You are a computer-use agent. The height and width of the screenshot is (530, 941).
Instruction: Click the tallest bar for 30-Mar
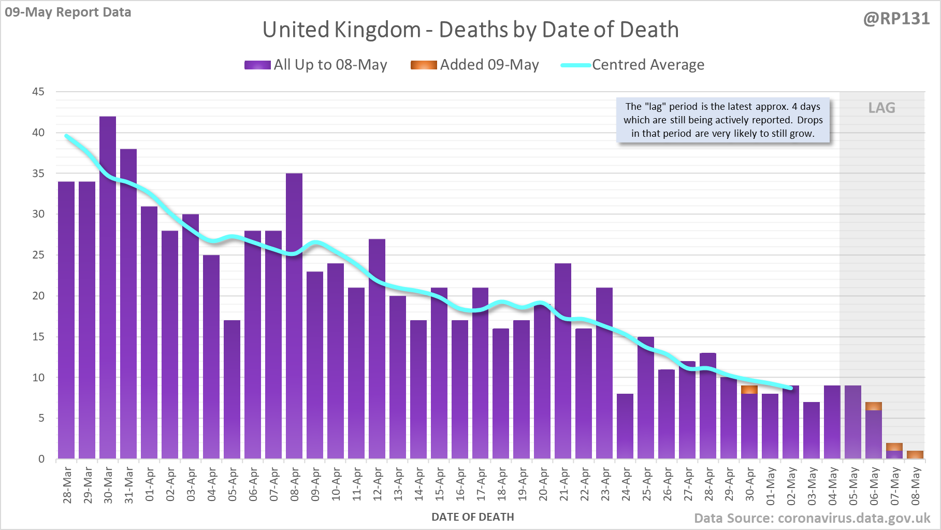(108, 288)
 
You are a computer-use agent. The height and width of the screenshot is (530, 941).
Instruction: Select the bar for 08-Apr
(294, 316)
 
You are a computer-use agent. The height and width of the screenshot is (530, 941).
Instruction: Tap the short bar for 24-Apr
(625, 426)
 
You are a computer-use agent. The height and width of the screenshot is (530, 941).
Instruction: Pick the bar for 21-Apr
(563, 361)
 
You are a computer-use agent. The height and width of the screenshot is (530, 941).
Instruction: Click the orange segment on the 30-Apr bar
(749, 390)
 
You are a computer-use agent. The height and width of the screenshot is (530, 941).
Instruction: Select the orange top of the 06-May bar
(874, 406)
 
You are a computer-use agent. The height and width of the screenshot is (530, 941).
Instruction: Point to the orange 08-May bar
(915, 455)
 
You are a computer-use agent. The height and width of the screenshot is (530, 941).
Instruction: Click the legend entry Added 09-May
(475, 65)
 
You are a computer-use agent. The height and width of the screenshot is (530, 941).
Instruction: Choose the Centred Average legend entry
(633, 65)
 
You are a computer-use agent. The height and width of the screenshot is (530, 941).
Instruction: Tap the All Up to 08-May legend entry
(316, 65)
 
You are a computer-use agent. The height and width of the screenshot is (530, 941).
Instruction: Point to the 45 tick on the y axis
(38, 92)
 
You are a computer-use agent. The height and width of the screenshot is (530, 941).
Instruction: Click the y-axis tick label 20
(38, 296)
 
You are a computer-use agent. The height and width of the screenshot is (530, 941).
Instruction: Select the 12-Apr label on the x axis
(378, 484)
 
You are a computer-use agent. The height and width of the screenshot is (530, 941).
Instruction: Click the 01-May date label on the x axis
(771, 486)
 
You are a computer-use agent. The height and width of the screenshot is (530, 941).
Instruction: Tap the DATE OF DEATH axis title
(472, 517)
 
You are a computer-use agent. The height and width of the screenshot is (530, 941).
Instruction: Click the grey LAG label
(881, 108)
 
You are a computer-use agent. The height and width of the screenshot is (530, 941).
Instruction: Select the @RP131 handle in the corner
(896, 19)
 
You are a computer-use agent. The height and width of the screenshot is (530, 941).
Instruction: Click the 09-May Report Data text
(68, 12)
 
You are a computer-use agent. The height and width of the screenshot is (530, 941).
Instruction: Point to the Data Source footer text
(812, 518)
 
